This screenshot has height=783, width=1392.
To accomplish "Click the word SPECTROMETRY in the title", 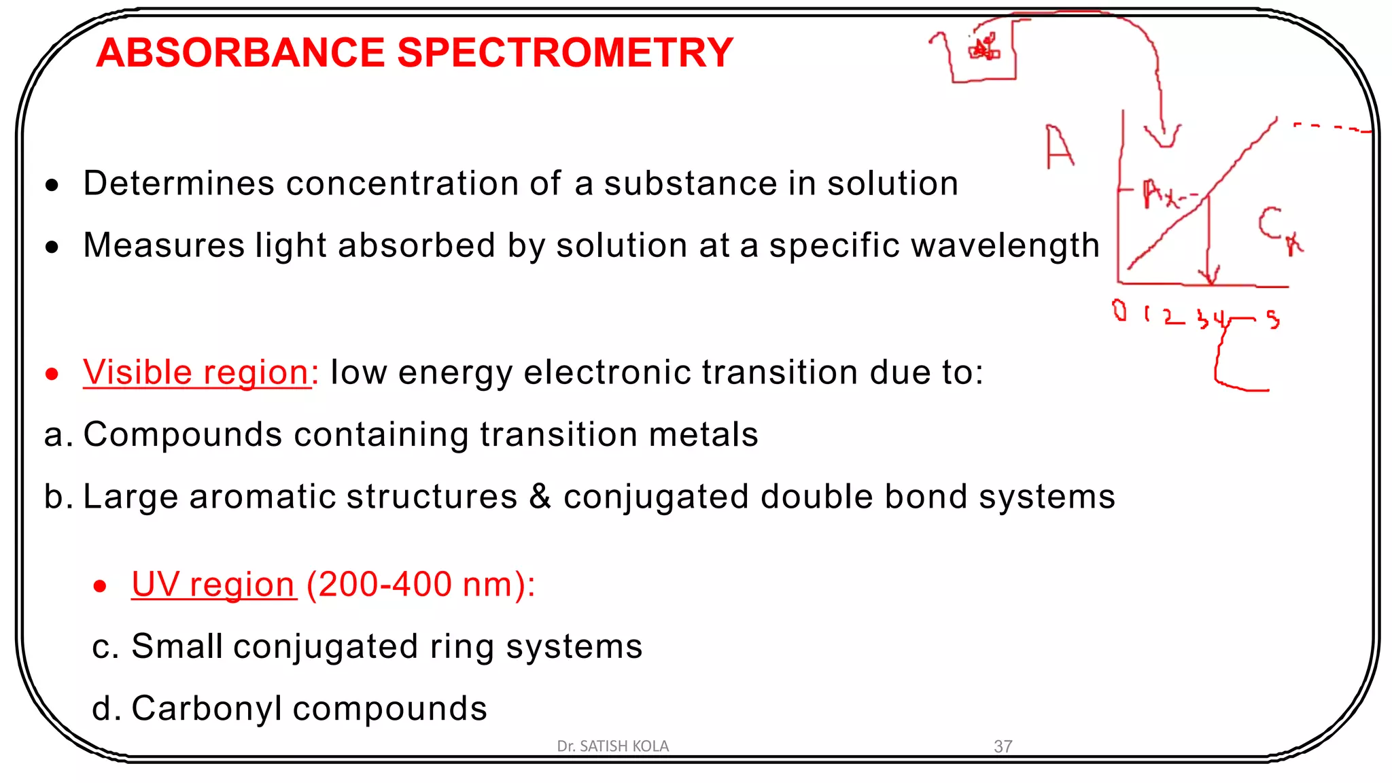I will coord(565,52).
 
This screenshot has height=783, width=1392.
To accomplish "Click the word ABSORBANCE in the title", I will coord(241,52).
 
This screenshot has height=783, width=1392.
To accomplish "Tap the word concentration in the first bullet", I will coord(423,184).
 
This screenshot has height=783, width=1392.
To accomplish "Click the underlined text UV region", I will coord(213,585).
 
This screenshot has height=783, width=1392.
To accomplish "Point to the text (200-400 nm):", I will coord(421,585).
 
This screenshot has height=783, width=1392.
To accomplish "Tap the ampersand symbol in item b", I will coord(540,496).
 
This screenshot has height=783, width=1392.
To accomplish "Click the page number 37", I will coord(1003,746).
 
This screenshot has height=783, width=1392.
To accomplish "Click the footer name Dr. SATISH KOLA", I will coord(612,746).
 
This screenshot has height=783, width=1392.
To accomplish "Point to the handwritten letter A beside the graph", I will coord(1058,146).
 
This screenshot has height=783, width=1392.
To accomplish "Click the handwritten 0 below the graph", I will coord(1119,311).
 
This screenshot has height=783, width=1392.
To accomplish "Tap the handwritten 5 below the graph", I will coord(1272,319).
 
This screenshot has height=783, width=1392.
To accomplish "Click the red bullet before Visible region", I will coord(52,374).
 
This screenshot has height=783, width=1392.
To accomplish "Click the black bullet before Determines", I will coord(52,185).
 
